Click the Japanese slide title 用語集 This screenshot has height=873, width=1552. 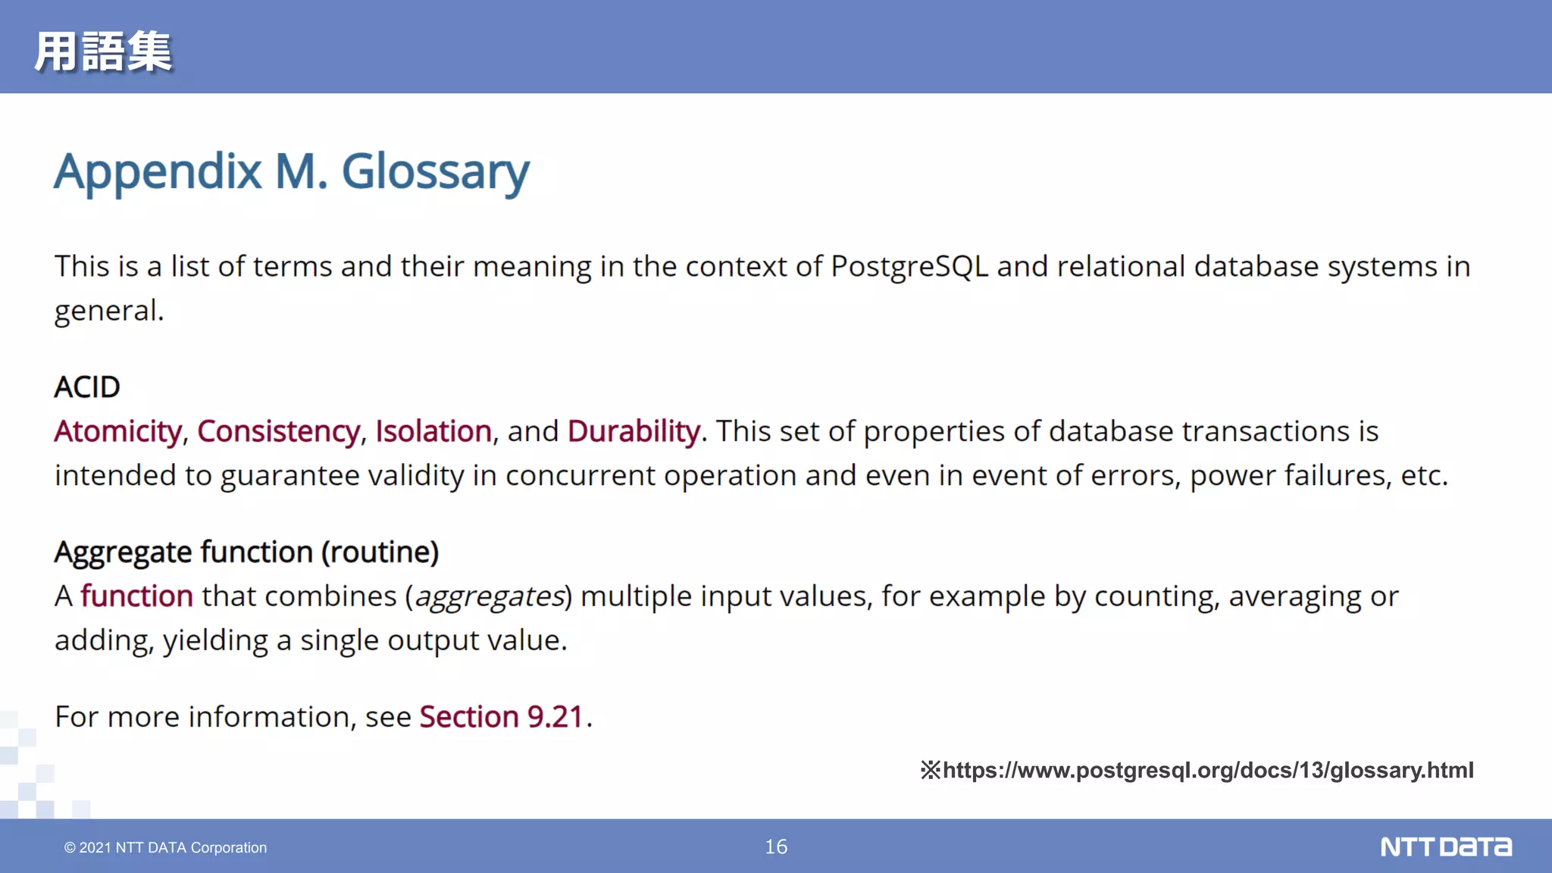[x=103, y=52]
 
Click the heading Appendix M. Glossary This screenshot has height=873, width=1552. [x=292, y=171]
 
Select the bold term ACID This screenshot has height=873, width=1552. [x=87, y=387]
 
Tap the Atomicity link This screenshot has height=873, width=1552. [x=117, y=431]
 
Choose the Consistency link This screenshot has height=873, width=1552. [x=278, y=431]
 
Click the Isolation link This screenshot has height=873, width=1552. [x=433, y=431]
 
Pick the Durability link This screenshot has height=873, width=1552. [x=634, y=431]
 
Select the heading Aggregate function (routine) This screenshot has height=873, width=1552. [x=246, y=552]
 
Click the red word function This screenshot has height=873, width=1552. [x=136, y=596]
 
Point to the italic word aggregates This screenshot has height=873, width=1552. [x=490, y=596]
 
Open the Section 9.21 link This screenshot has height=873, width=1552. [x=501, y=717]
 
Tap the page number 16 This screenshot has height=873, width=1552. [x=776, y=846]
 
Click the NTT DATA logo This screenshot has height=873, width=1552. [x=1445, y=846]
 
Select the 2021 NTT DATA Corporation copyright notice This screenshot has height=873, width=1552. [x=165, y=847]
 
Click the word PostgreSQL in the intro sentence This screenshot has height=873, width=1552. [x=909, y=267]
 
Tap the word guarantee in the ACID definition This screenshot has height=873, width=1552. [x=289, y=476]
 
